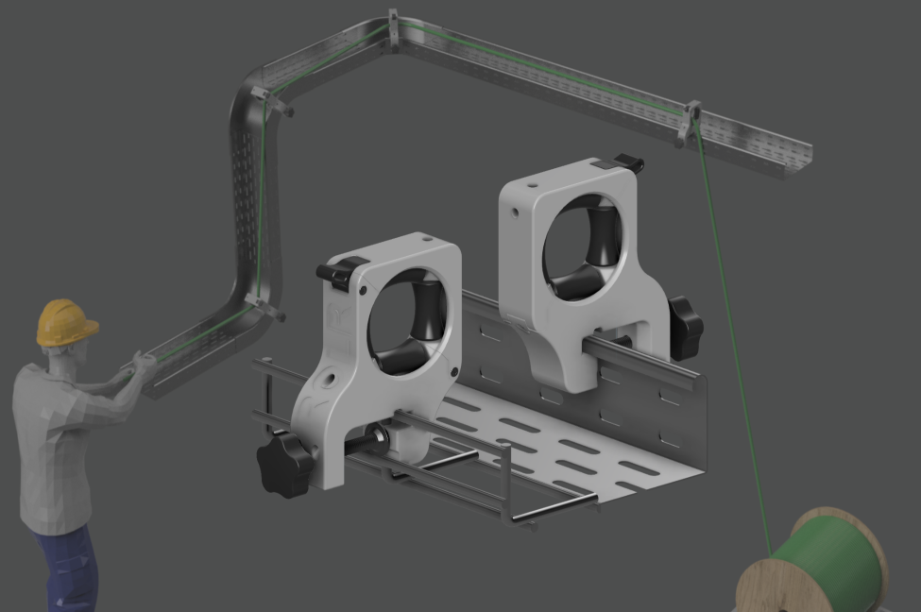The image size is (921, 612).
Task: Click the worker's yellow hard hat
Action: coord(65,322)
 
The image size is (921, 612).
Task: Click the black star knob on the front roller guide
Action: coord(284,463)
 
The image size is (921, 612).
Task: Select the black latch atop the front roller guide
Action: coord(341,271)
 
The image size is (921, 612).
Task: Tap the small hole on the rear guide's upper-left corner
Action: coord(515,212)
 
